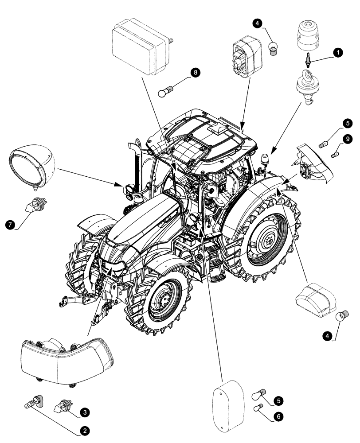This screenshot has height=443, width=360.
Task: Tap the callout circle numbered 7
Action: click(x=9, y=225)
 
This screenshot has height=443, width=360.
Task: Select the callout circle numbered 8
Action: click(x=194, y=72)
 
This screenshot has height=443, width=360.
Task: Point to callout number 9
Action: click(x=348, y=140)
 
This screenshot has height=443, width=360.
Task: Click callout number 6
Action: click(x=278, y=416)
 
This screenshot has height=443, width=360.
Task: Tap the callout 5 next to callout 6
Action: click(x=278, y=400)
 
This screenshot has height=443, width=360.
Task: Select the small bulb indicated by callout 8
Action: click(x=165, y=93)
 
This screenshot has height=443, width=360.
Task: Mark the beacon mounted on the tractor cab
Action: click(x=265, y=159)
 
